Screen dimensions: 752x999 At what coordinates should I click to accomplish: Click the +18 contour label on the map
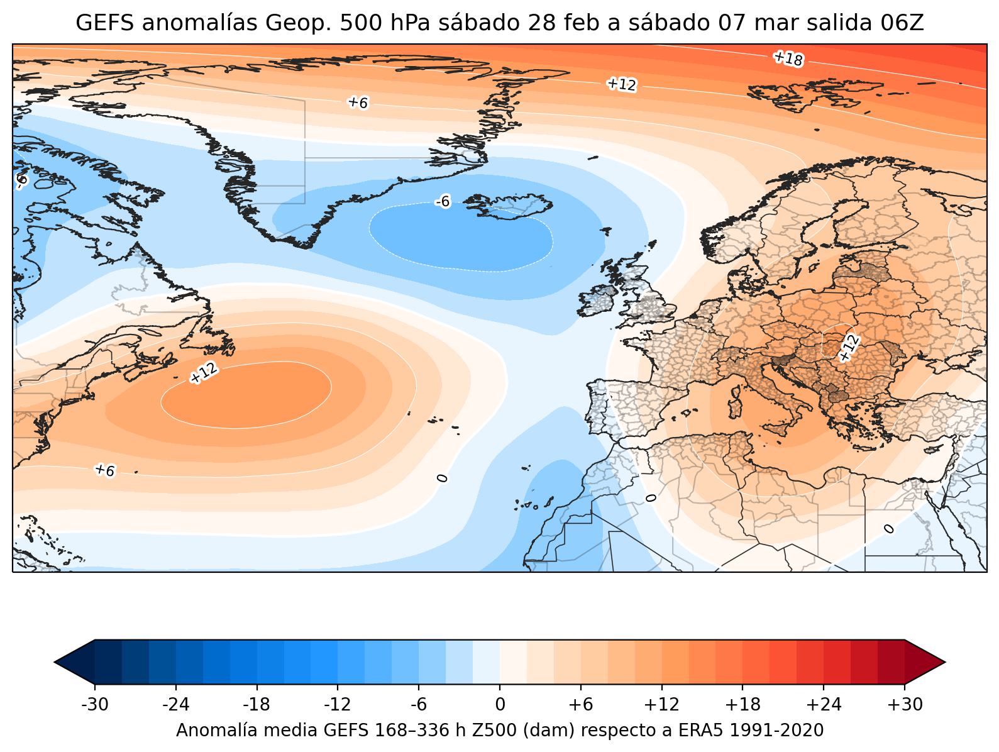point(788,59)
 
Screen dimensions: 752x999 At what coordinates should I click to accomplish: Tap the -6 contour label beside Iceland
point(443,201)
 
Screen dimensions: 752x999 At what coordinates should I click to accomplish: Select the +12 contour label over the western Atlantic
point(204,373)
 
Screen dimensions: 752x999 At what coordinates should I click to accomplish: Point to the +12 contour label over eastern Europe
point(849,348)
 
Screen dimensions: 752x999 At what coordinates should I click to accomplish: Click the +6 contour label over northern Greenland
point(358,102)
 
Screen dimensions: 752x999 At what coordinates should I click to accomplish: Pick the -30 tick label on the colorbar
point(95,705)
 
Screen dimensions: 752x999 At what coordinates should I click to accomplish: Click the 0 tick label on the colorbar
point(500,705)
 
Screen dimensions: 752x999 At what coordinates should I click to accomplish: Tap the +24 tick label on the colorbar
point(824,705)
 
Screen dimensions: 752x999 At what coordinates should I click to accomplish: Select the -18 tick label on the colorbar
point(257,705)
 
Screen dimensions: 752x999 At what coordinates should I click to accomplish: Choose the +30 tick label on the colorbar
point(905,705)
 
